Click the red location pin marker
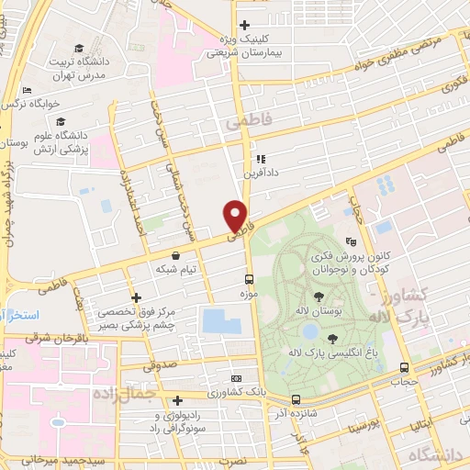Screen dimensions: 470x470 point(237,217)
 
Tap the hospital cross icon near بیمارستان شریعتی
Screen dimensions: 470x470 point(243,26)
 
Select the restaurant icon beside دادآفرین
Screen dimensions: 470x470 point(260,158)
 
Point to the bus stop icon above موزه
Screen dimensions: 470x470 point(249,278)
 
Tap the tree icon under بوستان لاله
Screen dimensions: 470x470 point(319,296)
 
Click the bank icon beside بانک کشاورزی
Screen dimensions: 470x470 point(237,378)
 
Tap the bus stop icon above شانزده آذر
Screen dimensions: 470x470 point(296,399)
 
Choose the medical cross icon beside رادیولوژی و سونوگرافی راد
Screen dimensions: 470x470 point(177,399)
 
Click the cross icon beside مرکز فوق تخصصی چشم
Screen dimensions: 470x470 point(136,297)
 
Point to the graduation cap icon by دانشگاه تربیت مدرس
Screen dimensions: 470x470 point(78,47)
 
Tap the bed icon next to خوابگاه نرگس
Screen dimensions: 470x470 point(27,90)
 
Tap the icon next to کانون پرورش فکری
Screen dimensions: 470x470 point(350,241)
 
